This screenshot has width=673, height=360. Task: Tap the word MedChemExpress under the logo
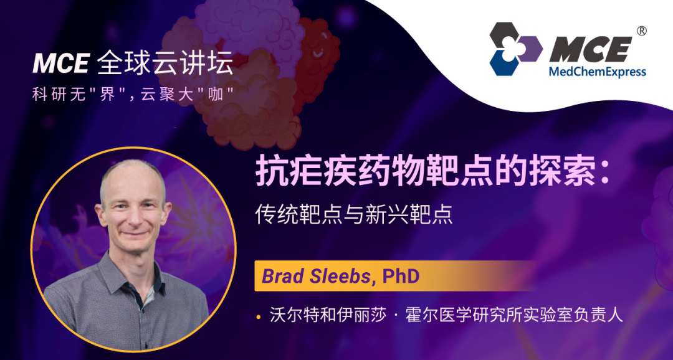point(598,71)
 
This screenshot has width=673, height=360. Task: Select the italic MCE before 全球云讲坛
point(60,64)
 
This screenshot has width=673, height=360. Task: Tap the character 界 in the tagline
point(108,95)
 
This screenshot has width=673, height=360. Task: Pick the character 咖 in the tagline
point(216,95)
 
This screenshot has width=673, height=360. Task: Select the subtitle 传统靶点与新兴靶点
point(354,215)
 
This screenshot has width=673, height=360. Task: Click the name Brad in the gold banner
point(279,277)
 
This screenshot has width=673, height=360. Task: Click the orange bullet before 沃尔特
point(259,318)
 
